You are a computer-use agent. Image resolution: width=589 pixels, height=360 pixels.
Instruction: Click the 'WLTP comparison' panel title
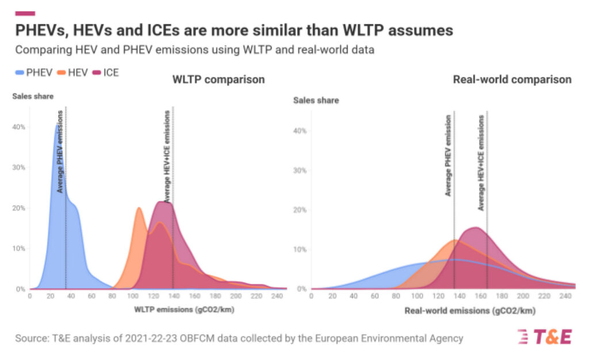pos(219,79)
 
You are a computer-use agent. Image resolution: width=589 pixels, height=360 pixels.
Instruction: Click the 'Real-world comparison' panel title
pos(512,79)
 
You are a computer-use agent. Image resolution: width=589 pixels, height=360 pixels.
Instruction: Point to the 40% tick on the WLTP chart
pos(19,127)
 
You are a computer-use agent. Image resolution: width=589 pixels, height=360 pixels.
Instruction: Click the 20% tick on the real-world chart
pos(300,210)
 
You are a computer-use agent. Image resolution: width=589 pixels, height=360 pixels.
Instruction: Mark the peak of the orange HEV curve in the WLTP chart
pos(139,208)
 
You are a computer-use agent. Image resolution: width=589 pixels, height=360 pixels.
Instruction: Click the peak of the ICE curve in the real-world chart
pos(476,228)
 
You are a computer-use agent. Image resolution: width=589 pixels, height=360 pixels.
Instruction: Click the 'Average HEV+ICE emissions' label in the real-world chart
pos(481,163)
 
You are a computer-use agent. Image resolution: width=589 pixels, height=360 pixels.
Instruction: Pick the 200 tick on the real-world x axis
pos(522,297)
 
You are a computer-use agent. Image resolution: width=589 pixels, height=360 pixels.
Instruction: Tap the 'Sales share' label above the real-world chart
pos(316,101)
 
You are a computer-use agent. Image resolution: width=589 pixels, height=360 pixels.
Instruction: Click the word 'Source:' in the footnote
pos(33,338)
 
